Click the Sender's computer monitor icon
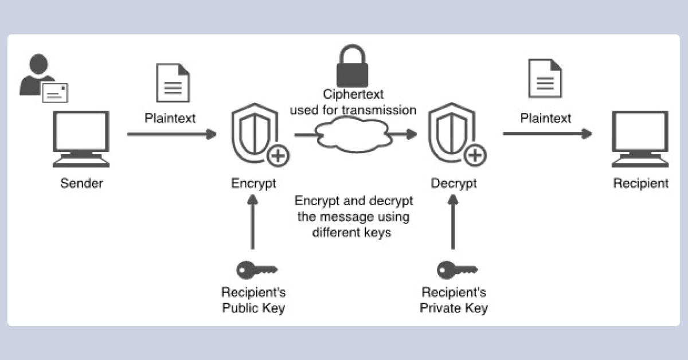(81, 138)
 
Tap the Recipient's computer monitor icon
(640, 138)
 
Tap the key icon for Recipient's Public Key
(256, 268)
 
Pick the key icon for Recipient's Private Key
(456, 268)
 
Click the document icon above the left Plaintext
(173, 84)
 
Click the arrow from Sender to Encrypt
(172, 134)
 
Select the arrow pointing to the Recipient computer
(547, 134)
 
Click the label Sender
(81, 183)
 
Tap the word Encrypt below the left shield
(253, 183)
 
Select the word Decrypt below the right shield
(454, 183)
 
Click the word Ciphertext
(353, 94)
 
